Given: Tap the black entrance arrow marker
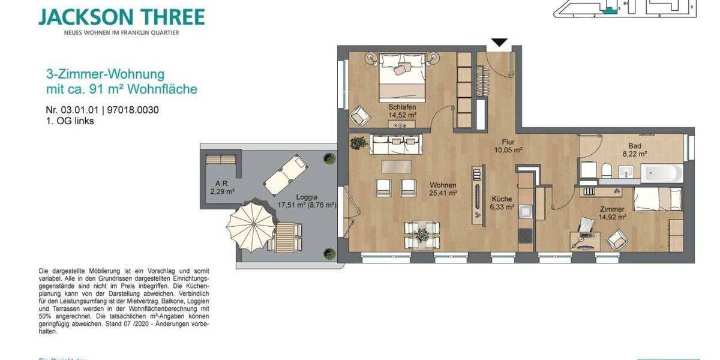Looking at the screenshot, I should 499,43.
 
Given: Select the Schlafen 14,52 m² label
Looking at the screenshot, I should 402,110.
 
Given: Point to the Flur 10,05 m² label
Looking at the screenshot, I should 508,146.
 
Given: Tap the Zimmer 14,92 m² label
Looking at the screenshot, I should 613,214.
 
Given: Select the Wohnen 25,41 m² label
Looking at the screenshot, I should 443,189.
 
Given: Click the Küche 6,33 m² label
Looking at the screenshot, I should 502,203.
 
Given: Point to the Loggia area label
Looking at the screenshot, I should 307,200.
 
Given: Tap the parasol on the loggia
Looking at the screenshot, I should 247,226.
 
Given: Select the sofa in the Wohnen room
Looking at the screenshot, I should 396,144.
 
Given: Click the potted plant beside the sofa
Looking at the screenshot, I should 359,143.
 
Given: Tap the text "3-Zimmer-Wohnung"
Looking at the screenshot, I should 105,74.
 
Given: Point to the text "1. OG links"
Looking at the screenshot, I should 70,121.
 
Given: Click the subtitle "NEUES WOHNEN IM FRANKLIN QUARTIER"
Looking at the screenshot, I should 122,32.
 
